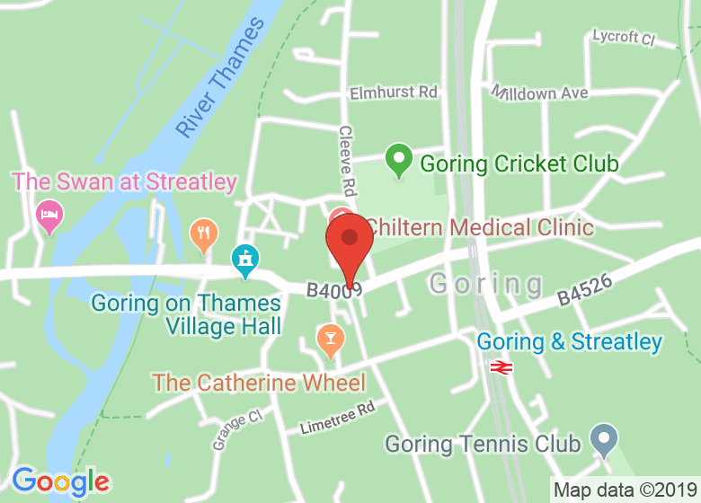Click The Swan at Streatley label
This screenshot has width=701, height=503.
(x=124, y=182)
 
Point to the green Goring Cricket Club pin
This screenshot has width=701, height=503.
(x=398, y=161)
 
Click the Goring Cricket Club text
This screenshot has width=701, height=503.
(x=519, y=164)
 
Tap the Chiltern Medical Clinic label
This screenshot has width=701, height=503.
(x=479, y=227)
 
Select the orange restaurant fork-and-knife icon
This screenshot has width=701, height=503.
(x=205, y=235)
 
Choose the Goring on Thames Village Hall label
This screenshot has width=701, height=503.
(x=187, y=314)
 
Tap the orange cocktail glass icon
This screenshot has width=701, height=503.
(x=330, y=339)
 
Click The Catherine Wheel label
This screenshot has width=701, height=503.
(x=259, y=384)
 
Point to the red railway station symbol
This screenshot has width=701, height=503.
(x=501, y=366)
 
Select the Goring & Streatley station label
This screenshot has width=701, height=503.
(x=569, y=342)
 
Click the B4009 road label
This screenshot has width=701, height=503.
(x=333, y=290)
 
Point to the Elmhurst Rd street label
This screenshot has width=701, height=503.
(x=393, y=93)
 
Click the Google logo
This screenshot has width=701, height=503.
(x=60, y=482)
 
